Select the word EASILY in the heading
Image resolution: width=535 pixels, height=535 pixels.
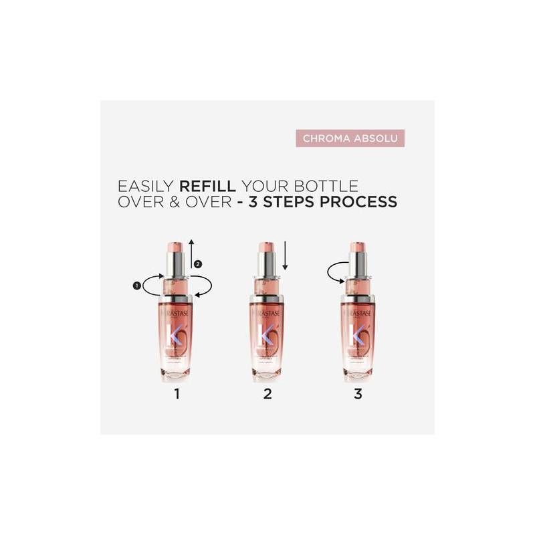[142, 186]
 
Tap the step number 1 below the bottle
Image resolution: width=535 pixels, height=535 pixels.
[177, 394]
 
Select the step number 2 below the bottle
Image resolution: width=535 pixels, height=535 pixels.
[267, 394]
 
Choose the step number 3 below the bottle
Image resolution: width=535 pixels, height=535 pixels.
[358, 394]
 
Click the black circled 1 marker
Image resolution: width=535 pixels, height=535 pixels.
[137, 286]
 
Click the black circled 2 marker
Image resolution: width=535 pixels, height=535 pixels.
[197, 264]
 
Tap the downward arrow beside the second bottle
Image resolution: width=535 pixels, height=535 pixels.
[285, 257]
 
